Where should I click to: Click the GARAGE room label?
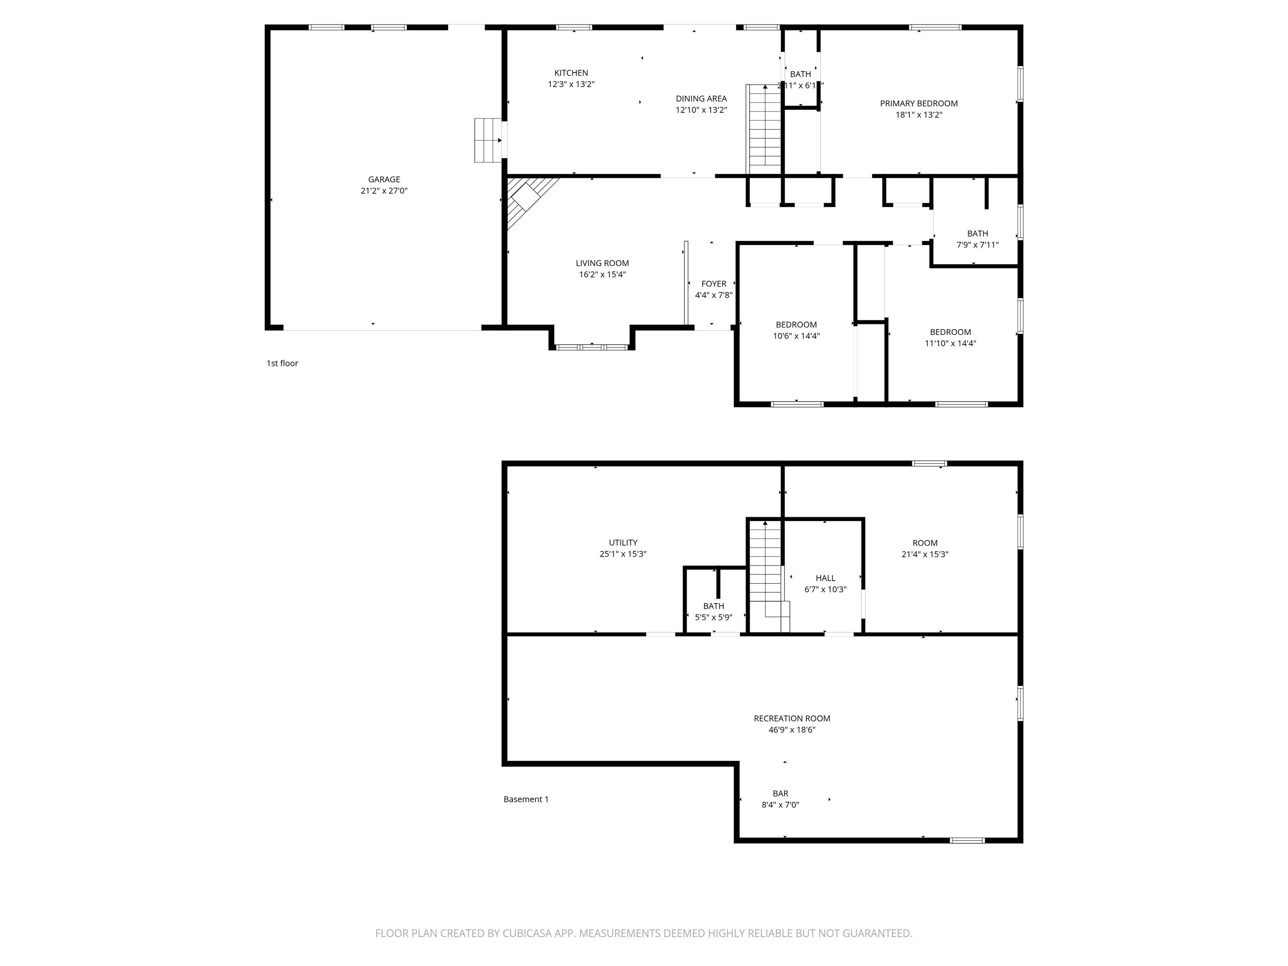(x=384, y=179)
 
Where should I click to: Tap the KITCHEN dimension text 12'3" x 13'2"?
(x=571, y=84)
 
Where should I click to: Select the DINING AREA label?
(x=701, y=99)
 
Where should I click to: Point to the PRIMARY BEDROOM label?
(x=918, y=104)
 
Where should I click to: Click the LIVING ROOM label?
(x=602, y=263)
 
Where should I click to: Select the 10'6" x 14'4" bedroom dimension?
(x=796, y=336)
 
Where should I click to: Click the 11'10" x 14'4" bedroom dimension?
(x=950, y=343)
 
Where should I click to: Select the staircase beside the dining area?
(x=764, y=129)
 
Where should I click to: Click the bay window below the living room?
(x=591, y=347)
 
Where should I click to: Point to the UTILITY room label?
(x=623, y=543)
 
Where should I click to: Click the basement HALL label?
(x=825, y=578)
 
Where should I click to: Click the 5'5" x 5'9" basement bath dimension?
(x=713, y=617)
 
